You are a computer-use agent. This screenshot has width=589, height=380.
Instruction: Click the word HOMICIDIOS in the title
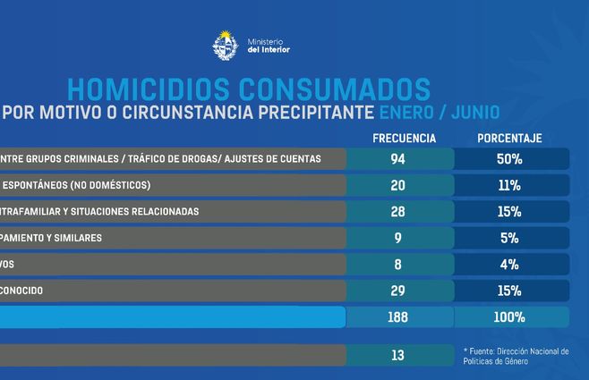146,89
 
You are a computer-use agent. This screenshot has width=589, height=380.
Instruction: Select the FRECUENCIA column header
404,139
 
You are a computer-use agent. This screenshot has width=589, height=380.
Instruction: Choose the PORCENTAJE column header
511,139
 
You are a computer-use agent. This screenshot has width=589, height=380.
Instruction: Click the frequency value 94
397,159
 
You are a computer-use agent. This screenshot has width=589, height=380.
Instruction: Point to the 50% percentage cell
511,159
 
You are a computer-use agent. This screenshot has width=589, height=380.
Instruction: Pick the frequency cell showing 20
397,185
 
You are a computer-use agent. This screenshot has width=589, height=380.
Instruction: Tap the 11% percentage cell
511,185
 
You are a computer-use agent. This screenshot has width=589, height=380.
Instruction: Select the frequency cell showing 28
397,212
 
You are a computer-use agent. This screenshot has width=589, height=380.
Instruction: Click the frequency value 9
397,238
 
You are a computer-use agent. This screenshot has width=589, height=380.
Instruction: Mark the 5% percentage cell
511,238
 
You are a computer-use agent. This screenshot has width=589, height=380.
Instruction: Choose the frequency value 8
397,265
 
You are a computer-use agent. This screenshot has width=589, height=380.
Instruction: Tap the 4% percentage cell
511,265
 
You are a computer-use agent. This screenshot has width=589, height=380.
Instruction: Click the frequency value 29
397,291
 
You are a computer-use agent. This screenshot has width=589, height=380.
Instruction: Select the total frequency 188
397,317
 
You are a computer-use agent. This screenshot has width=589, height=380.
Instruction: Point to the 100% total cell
511,317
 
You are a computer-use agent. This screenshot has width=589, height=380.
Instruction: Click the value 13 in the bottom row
397,355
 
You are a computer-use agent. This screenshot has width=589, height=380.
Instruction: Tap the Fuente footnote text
516,355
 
